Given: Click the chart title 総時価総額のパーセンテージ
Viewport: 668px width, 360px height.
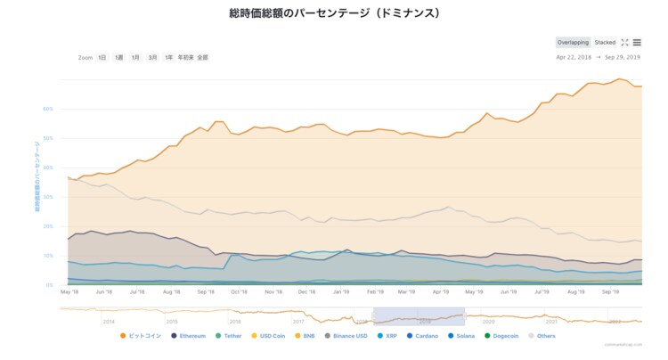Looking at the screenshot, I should click(334, 13).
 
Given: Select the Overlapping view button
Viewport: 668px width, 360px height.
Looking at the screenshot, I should click(573, 42).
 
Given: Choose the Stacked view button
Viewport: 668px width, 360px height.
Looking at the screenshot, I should click(605, 42).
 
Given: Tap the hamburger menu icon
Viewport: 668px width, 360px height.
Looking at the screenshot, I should click(637, 42).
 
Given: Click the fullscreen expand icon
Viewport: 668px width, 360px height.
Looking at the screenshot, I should click(624, 42).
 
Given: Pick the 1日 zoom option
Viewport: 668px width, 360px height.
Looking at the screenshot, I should click(102, 57).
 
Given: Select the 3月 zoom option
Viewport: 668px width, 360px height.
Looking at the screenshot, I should click(152, 57).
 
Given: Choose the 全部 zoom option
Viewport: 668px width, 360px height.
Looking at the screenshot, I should click(202, 57).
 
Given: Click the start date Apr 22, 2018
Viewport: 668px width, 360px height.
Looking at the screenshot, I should click(574, 57).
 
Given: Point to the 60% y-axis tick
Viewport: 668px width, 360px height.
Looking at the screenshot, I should click(48, 109).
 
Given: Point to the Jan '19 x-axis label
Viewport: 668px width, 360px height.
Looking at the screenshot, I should click(340, 291).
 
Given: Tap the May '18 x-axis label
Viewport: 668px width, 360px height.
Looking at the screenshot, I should click(69, 291).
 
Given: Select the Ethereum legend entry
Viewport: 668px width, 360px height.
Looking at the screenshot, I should click(189, 336).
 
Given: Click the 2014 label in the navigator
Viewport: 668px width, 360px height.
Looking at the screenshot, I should click(108, 321).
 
